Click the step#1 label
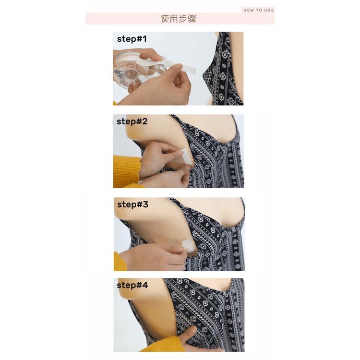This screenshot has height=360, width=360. (x=132, y=39)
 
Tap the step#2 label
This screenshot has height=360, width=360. (x=132, y=121)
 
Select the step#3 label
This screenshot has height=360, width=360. (x=132, y=204)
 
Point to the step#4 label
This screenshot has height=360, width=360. (x=132, y=285)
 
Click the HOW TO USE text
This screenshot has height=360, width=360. (x=259, y=10)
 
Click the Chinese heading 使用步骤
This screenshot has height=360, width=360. (x=179, y=19)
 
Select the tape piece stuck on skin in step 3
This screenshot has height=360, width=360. (x=189, y=245)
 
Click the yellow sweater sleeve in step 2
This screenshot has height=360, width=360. (x=127, y=171)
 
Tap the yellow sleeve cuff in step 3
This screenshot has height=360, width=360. (x=120, y=262)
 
